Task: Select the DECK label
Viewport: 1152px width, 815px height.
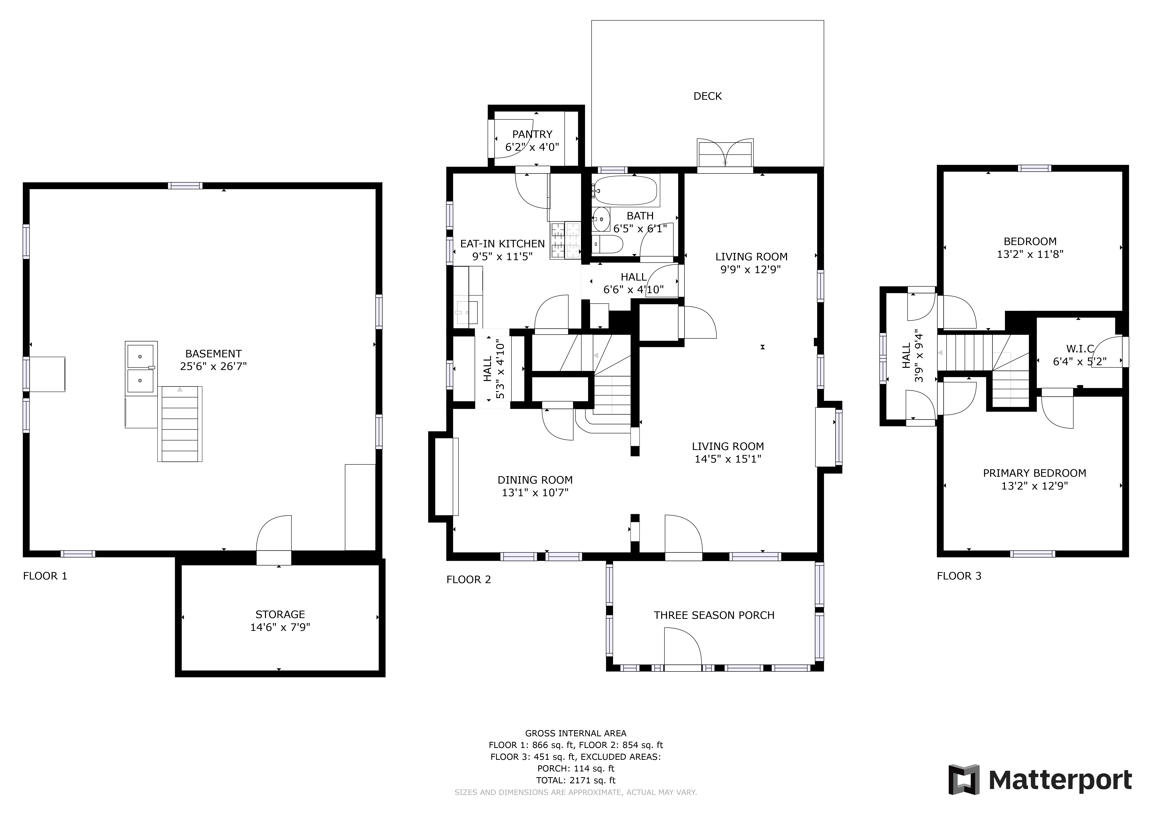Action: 708,96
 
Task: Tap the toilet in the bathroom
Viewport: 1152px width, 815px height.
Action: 608,244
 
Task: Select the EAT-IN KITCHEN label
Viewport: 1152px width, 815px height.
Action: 502,244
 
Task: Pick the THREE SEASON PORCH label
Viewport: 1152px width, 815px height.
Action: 714,615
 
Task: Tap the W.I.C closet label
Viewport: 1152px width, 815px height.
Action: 1080,349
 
